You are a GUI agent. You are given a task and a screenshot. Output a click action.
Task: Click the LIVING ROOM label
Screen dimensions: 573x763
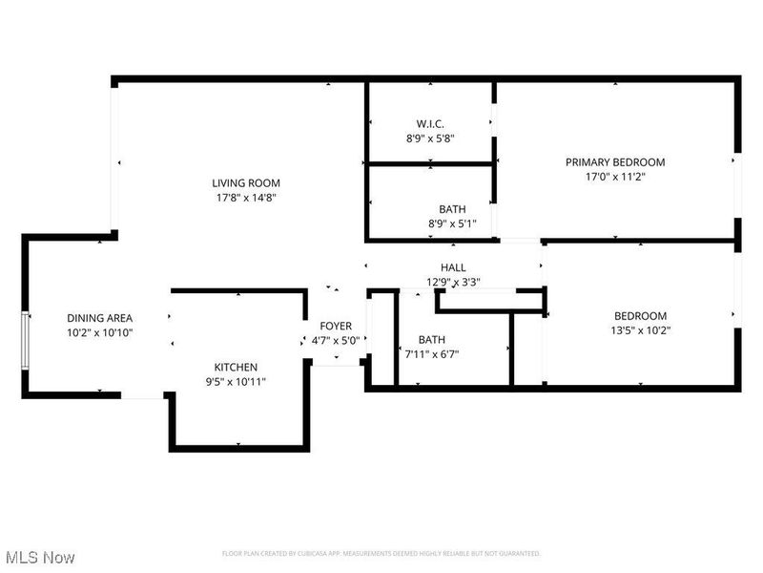[x=245, y=182]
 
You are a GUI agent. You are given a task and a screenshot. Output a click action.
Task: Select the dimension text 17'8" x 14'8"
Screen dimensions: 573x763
[x=245, y=198]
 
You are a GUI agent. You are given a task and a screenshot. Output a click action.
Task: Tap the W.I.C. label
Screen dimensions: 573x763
[x=430, y=123]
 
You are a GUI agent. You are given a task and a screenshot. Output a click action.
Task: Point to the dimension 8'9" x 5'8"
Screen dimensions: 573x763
[x=430, y=138]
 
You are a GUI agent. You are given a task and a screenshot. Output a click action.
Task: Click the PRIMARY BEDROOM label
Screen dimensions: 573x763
[x=615, y=161]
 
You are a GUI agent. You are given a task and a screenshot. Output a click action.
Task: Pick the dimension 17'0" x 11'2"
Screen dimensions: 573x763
[x=615, y=177]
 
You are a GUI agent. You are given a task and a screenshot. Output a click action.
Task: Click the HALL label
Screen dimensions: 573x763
[x=453, y=267]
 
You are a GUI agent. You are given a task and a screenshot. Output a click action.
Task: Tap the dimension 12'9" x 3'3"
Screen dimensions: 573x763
[x=453, y=282]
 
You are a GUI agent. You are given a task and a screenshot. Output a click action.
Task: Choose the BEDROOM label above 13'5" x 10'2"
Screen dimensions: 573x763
[x=640, y=316]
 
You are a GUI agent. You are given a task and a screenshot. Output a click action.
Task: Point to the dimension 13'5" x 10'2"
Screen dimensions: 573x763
[x=640, y=331]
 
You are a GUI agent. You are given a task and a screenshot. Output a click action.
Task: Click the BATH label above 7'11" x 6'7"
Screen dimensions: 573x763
[x=431, y=339]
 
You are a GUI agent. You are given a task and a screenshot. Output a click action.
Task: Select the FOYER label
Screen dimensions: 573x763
[x=335, y=326]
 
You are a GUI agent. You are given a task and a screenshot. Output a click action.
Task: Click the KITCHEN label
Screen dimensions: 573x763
[x=235, y=367]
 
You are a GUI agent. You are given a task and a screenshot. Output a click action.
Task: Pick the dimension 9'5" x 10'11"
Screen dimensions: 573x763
[x=235, y=382]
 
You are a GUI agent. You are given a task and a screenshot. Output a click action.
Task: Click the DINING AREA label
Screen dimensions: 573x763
[x=99, y=318]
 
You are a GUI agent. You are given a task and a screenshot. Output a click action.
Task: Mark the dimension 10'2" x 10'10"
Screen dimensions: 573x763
[x=99, y=333]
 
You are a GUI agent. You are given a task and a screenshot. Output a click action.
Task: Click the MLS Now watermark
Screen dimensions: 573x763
[x=39, y=557]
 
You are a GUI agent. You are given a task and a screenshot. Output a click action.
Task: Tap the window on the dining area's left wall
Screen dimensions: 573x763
[x=26, y=339]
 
